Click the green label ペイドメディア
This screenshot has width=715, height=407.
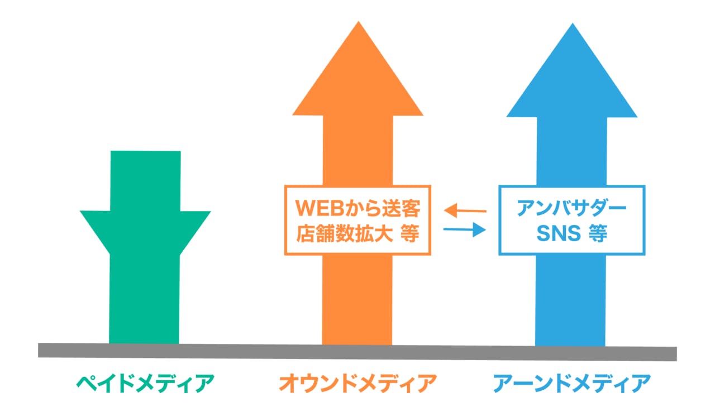[x=145, y=384]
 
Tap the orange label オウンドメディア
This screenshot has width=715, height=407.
[x=357, y=384]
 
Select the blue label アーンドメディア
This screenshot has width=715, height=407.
[x=571, y=384]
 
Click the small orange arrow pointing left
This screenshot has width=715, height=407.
[x=465, y=210]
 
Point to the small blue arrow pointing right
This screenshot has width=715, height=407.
[x=465, y=229]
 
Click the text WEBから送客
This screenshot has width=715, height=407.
[x=357, y=209]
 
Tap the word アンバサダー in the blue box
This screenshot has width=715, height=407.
[x=571, y=209]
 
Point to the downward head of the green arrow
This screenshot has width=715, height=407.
[x=145, y=229]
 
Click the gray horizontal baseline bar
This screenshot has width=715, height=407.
[x=357, y=351]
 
